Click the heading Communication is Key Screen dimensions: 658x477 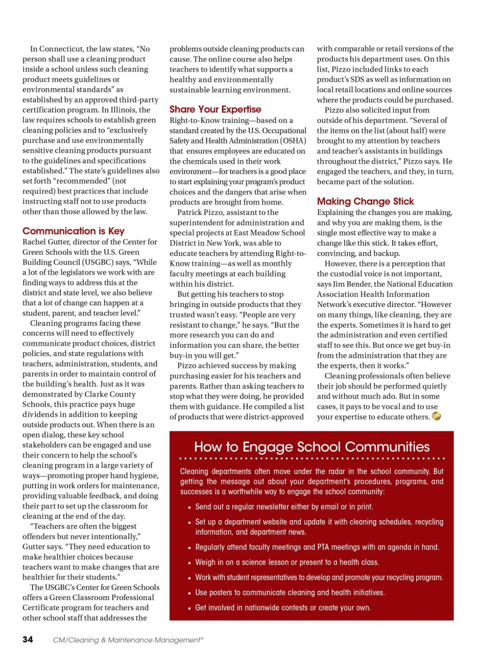(74, 231)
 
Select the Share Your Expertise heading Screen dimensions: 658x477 (215, 109)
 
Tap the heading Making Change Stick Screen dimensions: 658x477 (365, 201)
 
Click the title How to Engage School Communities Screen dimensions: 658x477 (312, 447)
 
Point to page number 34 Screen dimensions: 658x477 (28, 639)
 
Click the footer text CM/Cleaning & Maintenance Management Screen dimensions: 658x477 (127, 640)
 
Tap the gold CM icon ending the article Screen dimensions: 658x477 (436, 416)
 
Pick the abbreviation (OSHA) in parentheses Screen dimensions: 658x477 (294, 141)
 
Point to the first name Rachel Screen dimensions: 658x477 (34, 242)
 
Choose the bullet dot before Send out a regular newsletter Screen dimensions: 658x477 (190, 507)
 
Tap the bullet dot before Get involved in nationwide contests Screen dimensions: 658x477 (190, 608)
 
